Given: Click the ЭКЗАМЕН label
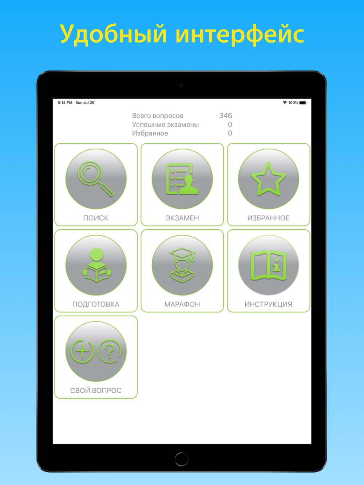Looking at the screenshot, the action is point(182,218).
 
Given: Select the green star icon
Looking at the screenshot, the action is point(268,179).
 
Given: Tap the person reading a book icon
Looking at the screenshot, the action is point(96,265).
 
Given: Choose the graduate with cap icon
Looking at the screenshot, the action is point(182,265).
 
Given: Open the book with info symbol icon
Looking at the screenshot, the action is point(268,265).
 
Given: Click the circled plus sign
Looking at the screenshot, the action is point(82,351).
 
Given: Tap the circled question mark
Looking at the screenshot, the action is point(110,351).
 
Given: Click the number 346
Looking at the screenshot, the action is point(226,116).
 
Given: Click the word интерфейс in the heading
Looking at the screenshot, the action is point(240,35).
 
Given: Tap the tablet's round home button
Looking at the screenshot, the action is point(182,459).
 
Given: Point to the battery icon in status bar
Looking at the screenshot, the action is point(303,103).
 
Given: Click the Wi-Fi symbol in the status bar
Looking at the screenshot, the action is point(285,103).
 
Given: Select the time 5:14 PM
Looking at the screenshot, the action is point(65,103).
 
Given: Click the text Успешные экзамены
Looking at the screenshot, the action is point(165,125).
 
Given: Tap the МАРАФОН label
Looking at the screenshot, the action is point(182,304).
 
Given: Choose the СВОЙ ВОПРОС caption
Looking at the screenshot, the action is point(96,390).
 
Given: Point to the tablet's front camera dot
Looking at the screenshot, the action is point(182,85).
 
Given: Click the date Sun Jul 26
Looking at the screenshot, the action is point(85,103).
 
